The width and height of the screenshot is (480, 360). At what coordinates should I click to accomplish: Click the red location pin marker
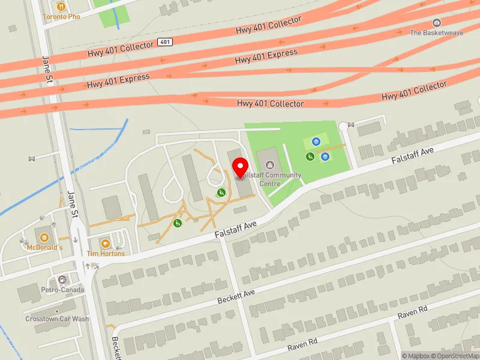pyautogui.click(x=241, y=167)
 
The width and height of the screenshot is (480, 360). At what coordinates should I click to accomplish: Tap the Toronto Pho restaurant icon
pyautogui.click(x=61, y=7)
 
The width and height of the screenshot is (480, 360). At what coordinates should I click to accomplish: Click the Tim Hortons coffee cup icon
pyautogui.click(x=106, y=243)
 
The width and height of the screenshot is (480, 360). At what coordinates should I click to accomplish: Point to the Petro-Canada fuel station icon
pyautogui.click(x=62, y=280)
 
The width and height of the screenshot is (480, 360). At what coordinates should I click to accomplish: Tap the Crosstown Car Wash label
pyautogui.click(x=57, y=319)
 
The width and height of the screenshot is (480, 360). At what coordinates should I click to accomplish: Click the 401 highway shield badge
pyautogui.click(x=166, y=42)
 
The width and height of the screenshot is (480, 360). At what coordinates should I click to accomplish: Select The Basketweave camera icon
pyautogui.click(x=436, y=23)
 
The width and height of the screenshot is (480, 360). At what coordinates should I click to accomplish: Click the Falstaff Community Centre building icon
pyautogui.click(x=268, y=163)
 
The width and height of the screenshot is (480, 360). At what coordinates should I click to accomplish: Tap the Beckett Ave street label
pyautogui.click(x=236, y=295)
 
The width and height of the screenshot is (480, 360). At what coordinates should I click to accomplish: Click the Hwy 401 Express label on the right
pyautogui.click(x=266, y=57)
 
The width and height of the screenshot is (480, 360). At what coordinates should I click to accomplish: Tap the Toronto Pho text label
pyautogui.click(x=61, y=17)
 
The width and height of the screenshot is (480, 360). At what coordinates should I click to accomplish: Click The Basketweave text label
pyautogui.click(x=436, y=33)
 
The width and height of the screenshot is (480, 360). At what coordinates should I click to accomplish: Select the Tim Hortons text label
pyautogui.click(x=106, y=254)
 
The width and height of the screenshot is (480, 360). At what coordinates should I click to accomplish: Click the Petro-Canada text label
pyautogui.click(x=63, y=290)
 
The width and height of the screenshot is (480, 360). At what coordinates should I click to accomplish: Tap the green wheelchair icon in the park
pyautogui.click(x=310, y=157)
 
